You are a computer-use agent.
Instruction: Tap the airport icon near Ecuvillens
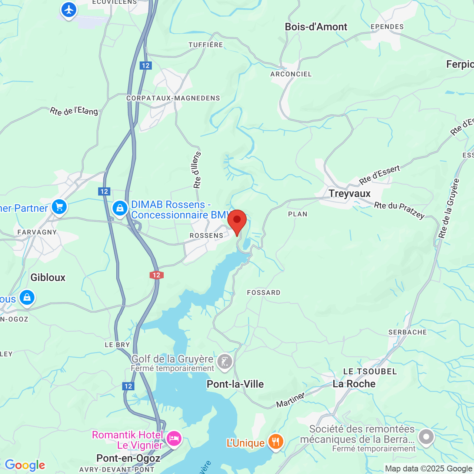click(x=69, y=10)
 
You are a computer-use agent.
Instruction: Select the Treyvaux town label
click(x=350, y=193)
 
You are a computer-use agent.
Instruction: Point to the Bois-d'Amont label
click(x=316, y=27)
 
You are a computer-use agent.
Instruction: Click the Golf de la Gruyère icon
click(x=224, y=361)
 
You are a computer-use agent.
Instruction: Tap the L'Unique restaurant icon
click(x=276, y=442)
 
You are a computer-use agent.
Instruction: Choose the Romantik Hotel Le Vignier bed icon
click(x=174, y=438)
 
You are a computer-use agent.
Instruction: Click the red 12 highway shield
click(x=157, y=275)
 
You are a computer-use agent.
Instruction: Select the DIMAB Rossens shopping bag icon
click(x=120, y=208)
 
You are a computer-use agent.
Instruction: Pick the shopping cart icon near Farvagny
click(x=59, y=207)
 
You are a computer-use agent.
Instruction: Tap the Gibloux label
click(x=48, y=277)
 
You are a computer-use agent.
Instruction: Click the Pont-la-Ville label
click(x=235, y=384)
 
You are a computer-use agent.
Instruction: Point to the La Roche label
click(x=354, y=384)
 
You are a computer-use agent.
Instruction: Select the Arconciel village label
click(x=291, y=74)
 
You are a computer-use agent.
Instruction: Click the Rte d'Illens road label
click(x=197, y=170)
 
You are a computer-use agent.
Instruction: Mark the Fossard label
click(x=264, y=293)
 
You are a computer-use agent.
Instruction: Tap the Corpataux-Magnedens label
click(x=173, y=98)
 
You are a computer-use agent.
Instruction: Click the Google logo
click(x=25, y=465)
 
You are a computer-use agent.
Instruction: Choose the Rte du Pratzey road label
click(x=399, y=210)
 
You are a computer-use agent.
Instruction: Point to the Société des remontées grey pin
click(x=426, y=437)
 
